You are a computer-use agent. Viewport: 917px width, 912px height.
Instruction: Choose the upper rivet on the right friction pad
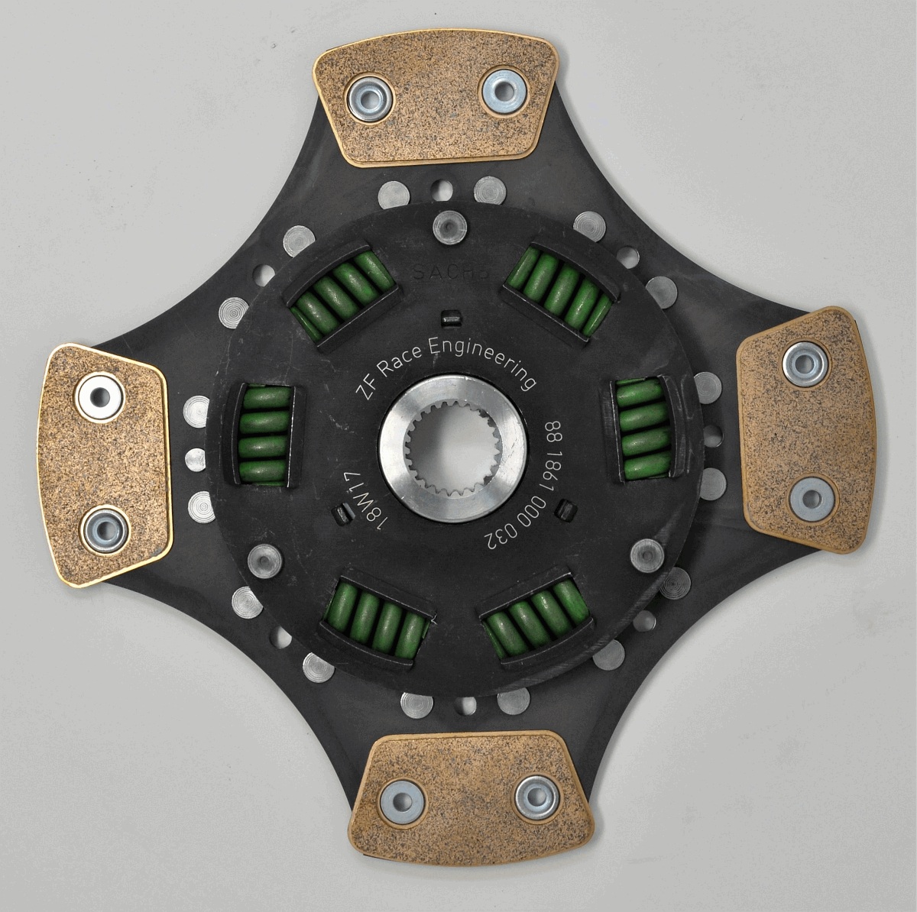805,364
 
